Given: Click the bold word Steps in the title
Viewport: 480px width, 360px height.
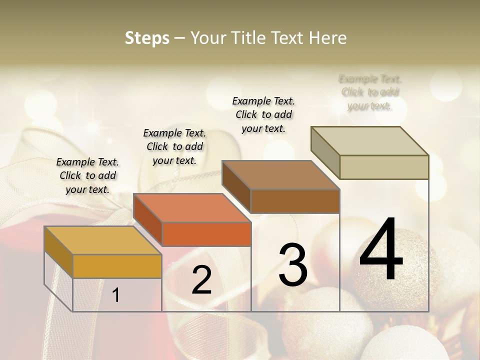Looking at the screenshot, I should coord(147,38).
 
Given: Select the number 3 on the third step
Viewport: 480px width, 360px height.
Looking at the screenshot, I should coord(293,265).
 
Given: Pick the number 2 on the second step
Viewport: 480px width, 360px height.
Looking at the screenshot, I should coord(201,280).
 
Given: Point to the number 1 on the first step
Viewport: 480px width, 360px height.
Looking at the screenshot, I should coord(116,295).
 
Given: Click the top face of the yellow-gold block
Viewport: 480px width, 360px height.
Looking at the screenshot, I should coord(102,240).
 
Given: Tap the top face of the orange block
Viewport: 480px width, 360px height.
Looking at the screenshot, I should coord(192,207).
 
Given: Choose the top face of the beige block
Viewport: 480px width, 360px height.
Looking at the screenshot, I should coord(370,140).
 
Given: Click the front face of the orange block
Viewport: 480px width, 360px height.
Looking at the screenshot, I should coord(206,234).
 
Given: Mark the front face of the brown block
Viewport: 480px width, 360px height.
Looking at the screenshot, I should coord(295,201).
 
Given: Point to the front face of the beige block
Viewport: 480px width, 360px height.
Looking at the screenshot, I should coord(384,167).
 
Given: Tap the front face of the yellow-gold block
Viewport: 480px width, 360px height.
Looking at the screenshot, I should coord(117,266).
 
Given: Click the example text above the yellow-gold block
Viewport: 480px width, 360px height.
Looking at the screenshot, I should coord(87,175).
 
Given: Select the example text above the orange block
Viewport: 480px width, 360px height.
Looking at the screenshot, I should coord(174,146).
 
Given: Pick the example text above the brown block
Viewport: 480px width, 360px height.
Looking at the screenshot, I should coord(263,114).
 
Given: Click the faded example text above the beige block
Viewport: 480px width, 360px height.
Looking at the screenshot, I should coord(370,92).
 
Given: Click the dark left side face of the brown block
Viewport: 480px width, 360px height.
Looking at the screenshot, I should coord(236,186).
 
